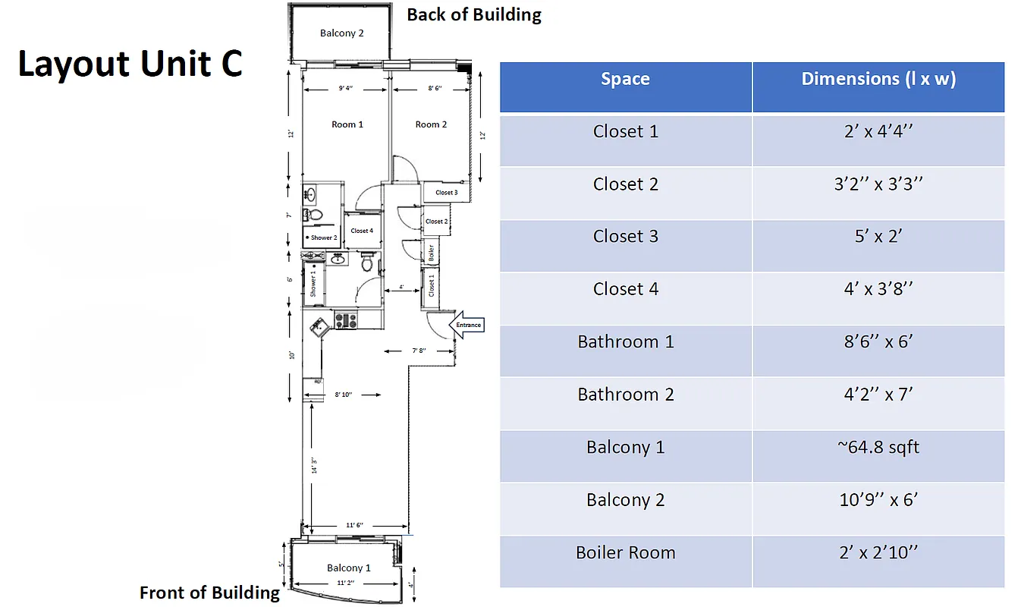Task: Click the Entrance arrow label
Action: (468, 325)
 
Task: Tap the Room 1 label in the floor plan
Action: (347, 124)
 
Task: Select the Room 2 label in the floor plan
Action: (431, 124)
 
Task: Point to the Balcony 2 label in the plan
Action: (341, 33)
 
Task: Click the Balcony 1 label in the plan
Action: (349, 568)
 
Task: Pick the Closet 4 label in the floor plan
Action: (362, 231)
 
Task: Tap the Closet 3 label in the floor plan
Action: (446, 193)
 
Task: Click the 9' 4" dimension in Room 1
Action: (345, 89)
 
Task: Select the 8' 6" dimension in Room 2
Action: (435, 89)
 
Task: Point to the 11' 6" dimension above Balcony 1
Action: (355, 525)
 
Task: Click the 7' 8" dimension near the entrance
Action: (419, 351)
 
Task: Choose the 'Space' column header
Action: (625, 79)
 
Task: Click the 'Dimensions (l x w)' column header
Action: (878, 79)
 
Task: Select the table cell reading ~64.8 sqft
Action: (878, 447)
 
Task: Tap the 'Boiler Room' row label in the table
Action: (625, 552)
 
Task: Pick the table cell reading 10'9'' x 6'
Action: (878, 500)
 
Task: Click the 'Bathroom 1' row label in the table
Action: (625, 341)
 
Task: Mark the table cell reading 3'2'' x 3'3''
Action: (878, 184)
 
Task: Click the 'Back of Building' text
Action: (474, 15)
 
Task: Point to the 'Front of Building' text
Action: (209, 593)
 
